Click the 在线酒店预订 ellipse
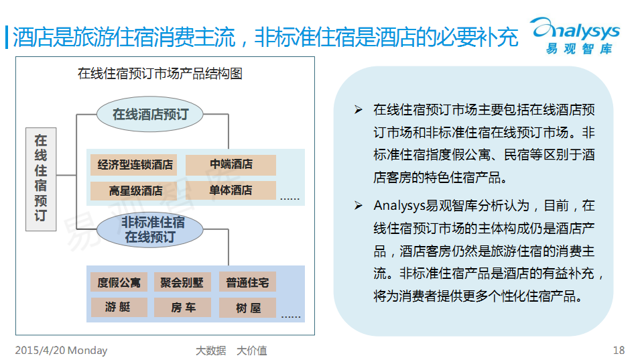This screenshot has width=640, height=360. [150, 114]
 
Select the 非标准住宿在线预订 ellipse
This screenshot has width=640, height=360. [150, 229]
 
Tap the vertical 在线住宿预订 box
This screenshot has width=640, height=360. [41, 179]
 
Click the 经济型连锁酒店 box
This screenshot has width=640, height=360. [134, 165]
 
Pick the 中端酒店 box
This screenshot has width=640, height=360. [231, 164]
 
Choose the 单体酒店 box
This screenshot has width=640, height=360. [231, 190]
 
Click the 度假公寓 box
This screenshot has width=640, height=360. [119, 282]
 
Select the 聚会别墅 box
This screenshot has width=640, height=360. [182, 282]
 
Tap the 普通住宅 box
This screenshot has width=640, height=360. [248, 282]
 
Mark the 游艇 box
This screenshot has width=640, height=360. [119, 307]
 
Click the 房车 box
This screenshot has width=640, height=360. [182, 308]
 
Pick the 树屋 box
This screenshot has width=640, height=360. [248, 308]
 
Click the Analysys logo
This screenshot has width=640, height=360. [575, 36]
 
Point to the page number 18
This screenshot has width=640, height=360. [619, 350]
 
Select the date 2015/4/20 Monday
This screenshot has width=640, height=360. [61, 351]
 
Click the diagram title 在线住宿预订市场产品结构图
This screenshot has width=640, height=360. [160, 74]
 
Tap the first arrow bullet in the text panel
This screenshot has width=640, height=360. [359, 110]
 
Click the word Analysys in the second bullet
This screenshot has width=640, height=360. [399, 206]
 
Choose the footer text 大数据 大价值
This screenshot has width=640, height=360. [231, 351]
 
